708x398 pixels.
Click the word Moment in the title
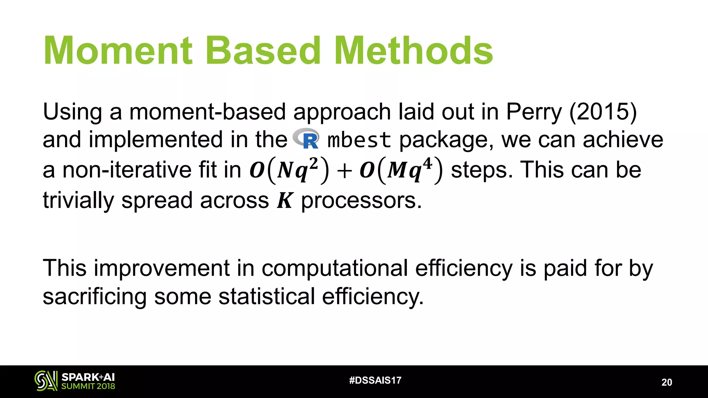tap(118, 51)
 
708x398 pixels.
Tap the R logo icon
tap(306, 139)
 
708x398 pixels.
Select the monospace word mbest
tap(359, 140)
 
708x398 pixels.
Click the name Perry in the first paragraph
tap(534, 112)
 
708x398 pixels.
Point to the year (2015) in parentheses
tap(603, 112)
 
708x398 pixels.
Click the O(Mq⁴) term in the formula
tap(401, 170)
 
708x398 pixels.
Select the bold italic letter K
tap(285, 200)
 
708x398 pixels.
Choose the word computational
tap(335, 268)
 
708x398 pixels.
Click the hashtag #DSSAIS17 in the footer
tap(375, 380)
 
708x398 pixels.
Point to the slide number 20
tap(667, 382)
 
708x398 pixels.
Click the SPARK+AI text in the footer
tap(88, 377)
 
